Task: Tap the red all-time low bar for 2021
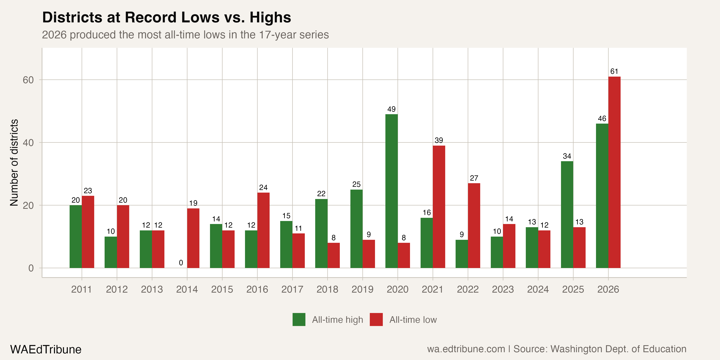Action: (439, 207)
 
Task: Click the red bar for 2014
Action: (193, 238)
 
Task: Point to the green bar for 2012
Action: (111, 252)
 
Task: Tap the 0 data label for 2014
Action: (181, 263)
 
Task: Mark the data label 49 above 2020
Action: (391, 109)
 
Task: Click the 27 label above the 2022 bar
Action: (474, 178)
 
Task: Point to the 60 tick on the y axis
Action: (28, 80)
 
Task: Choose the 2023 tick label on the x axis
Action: (503, 289)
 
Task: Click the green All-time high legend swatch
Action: (299, 319)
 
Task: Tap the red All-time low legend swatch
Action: (376, 319)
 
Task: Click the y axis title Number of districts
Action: (14, 163)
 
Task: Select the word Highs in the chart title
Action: (270, 17)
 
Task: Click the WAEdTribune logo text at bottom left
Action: (46, 349)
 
